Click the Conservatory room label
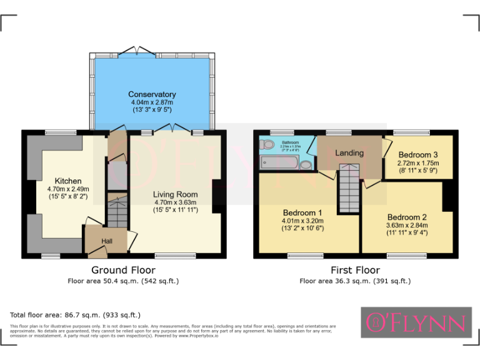click(x=152, y=94)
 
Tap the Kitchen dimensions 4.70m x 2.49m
click(x=68, y=189)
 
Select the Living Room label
click(x=176, y=194)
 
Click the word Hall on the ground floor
click(x=107, y=241)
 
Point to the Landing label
click(x=349, y=153)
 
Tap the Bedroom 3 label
click(x=417, y=154)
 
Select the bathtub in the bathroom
click(x=278, y=164)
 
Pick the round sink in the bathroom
click(x=306, y=165)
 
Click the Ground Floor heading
click(x=123, y=270)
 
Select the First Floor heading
click(x=355, y=270)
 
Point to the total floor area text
click(x=75, y=315)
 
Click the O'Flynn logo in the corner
click(x=416, y=322)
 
